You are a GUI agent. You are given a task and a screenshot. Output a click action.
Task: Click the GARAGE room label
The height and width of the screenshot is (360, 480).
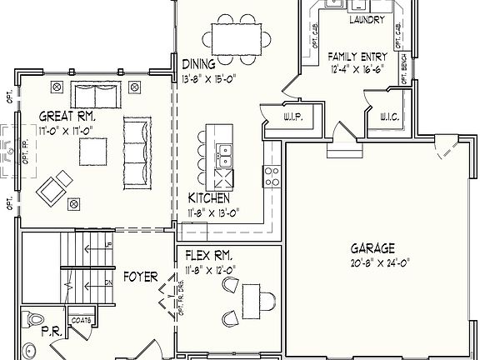(372, 247)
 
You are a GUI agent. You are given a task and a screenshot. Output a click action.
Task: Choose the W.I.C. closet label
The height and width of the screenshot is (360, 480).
(389, 117)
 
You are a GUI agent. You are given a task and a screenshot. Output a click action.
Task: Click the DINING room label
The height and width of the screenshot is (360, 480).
(198, 63)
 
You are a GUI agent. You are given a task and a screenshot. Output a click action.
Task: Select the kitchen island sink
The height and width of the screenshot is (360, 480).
(223, 152)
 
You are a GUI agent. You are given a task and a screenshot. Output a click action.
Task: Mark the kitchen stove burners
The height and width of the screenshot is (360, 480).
(272, 175)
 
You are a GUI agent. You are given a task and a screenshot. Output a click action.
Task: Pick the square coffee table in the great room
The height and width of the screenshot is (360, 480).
(93, 151)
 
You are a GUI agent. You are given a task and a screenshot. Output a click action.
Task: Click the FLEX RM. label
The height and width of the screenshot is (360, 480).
(203, 254)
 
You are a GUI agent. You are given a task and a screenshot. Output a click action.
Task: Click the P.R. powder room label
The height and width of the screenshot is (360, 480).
(51, 332)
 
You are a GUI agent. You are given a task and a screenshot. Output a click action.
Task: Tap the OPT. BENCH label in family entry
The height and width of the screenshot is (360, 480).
(402, 69)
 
